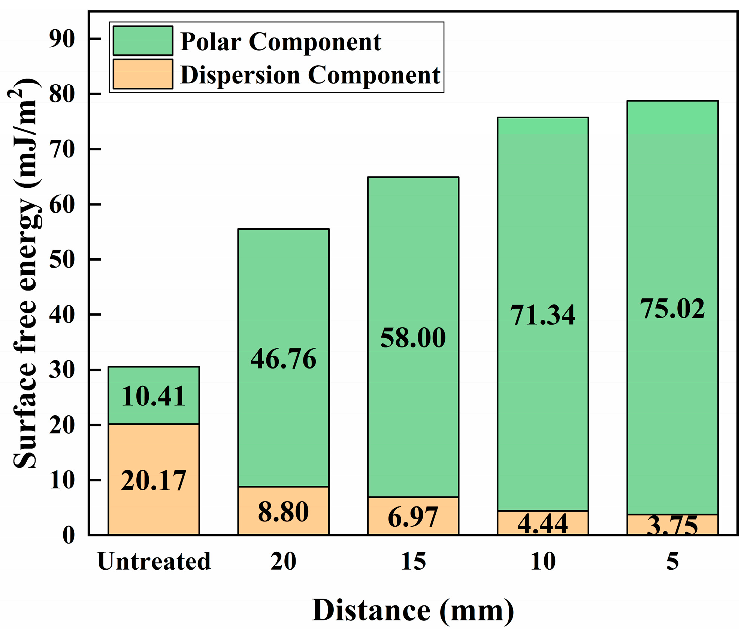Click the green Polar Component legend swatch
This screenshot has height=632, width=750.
coord(143,40)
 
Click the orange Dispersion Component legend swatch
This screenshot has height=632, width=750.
coord(143,74)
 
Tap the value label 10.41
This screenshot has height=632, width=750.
coord(154,396)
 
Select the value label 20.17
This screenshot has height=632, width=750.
coord(154,481)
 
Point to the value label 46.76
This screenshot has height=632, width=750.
coord(283,359)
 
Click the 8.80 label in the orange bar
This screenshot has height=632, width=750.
coord(283,512)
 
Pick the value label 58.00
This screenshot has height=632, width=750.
coord(413,338)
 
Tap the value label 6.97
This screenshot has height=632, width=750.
coord(413,517)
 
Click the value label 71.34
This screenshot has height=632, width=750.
coord(542,315)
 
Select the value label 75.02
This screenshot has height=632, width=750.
coord(672,309)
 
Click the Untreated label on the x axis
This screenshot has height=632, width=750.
coord(154,562)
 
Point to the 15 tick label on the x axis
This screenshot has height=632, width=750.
coord(413,562)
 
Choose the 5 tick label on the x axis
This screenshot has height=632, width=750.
coord(672,562)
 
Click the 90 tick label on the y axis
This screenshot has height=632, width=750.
coord(62,39)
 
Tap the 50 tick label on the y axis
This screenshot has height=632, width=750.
coord(62,259)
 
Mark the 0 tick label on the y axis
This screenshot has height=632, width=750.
coord(69,535)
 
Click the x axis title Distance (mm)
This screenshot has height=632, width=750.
coord(413,611)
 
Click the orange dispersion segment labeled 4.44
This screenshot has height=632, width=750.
coord(542,523)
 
